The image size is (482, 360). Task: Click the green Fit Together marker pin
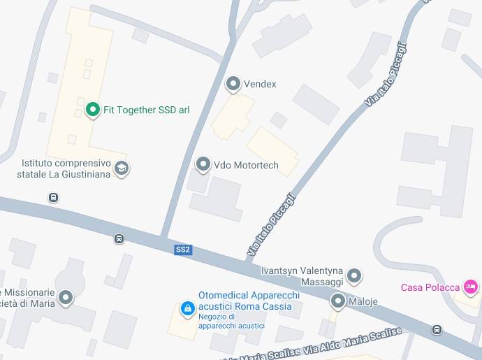(x=92, y=110)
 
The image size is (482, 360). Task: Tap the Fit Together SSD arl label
(x=146, y=110)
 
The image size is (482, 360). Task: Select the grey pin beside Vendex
(x=233, y=84)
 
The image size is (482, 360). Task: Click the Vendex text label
(x=260, y=84)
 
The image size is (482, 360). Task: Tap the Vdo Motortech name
(x=246, y=165)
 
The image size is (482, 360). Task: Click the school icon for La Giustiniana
(x=122, y=168)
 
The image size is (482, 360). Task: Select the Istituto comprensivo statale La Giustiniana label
(x=65, y=168)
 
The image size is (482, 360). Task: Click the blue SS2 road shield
(x=183, y=250)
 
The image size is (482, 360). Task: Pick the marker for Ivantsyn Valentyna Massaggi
(x=355, y=276)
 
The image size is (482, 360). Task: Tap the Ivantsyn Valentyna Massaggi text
(x=302, y=275)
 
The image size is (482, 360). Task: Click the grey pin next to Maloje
(x=338, y=301)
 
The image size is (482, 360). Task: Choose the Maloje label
(x=363, y=301)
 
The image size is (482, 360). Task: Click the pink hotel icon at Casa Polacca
(x=471, y=287)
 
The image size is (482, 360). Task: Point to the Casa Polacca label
(x=430, y=287)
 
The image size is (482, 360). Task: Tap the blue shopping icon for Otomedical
(x=187, y=308)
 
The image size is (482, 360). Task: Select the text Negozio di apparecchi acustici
(x=231, y=321)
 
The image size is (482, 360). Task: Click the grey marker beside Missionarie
(x=66, y=298)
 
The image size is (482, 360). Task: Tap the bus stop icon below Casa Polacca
(x=437, y=329)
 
